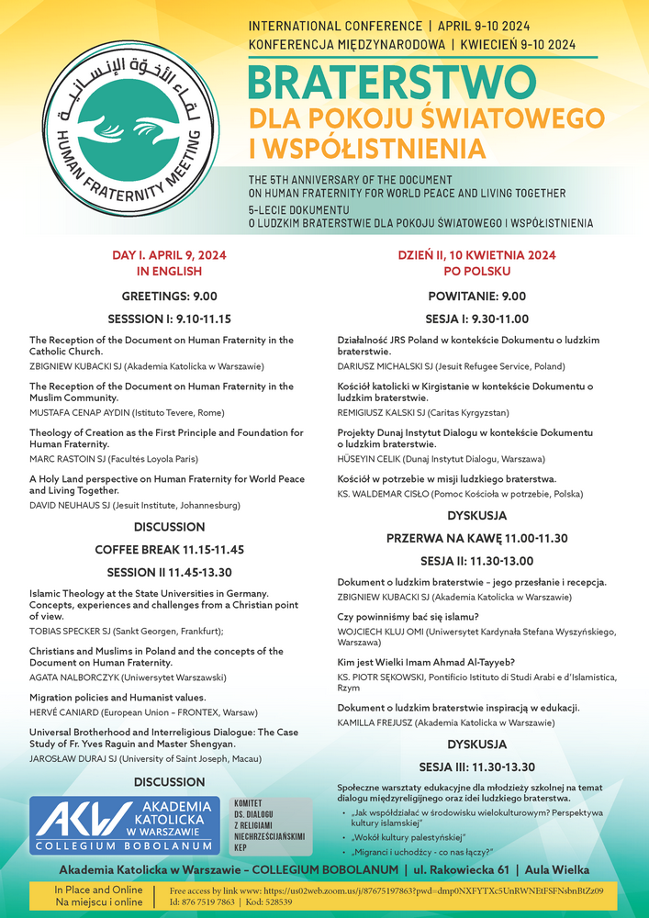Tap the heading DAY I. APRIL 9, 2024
tap(169, 255)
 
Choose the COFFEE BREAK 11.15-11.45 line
tap(169, 549)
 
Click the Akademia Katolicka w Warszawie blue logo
tap(125, 825)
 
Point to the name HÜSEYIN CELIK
tap(369, 458)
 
